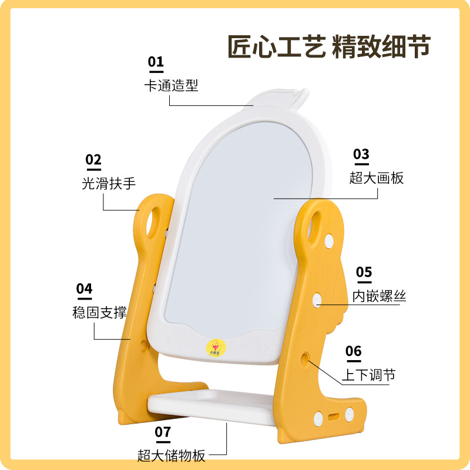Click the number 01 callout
click(x=156, y=62)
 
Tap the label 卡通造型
click(x=171, y=85)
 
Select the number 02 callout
click(x=93, y=160)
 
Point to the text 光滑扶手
click(x=109, y=183)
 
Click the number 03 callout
click(x=361, y=154)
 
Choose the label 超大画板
click(x=377, y=177)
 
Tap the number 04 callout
click(x=85, y=288)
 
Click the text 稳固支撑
click(x=96, y=312)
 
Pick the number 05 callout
click(x=364, y=272)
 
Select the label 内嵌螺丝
click(x=379, y=296)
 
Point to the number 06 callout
click(x=353, y=351)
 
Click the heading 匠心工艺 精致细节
click(x=329, y=47)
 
